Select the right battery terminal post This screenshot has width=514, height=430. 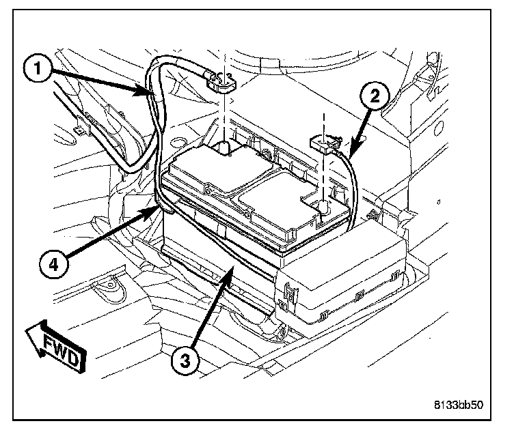[x=322, y=203]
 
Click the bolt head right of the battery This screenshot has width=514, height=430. [x=373, y=217]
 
